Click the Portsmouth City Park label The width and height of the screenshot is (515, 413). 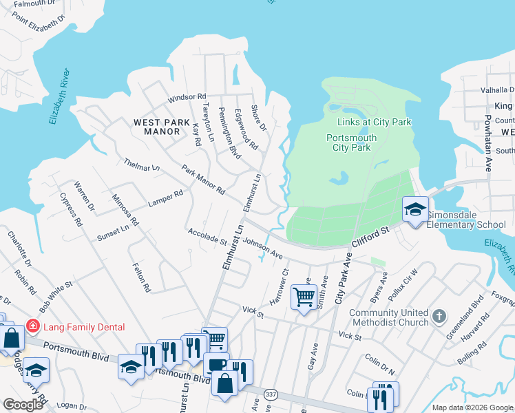(x=351, y=142)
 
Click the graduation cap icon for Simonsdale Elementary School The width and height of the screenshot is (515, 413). (x=415, y=209)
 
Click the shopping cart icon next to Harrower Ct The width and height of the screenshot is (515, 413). (x=304, y=297)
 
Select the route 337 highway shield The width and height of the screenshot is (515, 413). (x=269, y=394)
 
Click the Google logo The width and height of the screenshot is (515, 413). (x=23, y=405)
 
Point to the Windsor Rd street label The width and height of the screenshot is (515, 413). (x=187, y=97)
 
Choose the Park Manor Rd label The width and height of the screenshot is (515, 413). (x=203, y=179)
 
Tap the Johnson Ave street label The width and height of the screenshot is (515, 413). (x=263, y=248)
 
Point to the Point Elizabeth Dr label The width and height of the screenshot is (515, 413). (x=42, y=28)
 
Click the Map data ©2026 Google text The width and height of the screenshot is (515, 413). (x=472, y=407)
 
